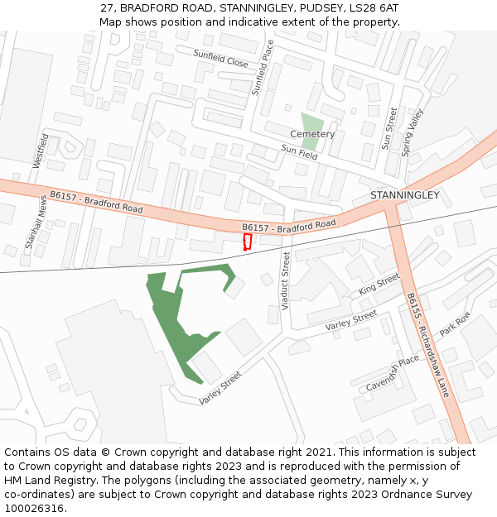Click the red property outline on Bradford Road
(247, 242)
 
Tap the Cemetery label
(312, 134)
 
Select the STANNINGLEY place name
(404, 195)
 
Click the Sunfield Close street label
(220, 58)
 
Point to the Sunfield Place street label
(263, 69)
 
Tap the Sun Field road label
(299, 152)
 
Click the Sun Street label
(389, 128)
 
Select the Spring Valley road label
(412, 132)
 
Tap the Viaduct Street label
(286, 281)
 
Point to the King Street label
(379, 285)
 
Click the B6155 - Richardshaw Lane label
(427, 344)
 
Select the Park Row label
(455, 323)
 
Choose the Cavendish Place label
(393, 374)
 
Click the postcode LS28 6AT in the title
(371, 7)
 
